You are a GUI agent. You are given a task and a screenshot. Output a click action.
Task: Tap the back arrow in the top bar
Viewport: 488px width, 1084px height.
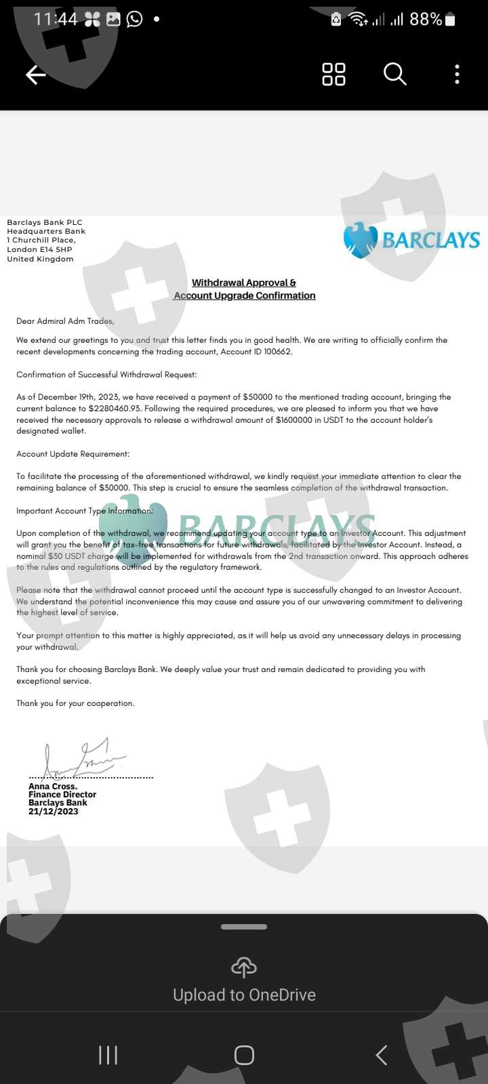pyautogui.click(x=35, y=75)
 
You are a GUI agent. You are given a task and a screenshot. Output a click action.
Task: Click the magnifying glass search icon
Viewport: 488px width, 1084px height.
pyautogui.click(x=394, y=74)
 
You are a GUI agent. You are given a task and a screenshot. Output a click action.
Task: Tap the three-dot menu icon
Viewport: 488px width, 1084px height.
pyautogui.click(x=457, y=74)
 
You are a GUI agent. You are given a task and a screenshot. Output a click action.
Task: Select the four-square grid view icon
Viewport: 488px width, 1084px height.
pyautogui.click(x=333, y=74)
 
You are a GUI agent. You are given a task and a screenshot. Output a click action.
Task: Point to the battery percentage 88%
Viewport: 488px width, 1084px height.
pyautogui.click(x=426, y=20)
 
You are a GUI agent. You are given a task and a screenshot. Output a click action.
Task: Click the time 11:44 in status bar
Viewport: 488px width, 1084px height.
pyautogui.click(x=56, y=19)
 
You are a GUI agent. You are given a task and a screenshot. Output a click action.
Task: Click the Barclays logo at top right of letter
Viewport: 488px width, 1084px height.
pyautogui.click(x=411, y=240)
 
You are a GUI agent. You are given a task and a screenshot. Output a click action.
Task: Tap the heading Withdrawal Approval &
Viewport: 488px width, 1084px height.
pyautogui.click(x=244, y=283)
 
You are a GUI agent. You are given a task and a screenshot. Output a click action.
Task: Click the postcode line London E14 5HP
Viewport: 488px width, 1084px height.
pyautogui.click(x=39, y=249)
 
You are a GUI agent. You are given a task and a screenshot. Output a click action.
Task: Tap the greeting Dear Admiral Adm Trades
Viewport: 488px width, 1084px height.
pyautogui.click(x=65, y=321)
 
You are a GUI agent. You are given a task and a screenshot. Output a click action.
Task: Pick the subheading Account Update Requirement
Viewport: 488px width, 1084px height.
pyautogui.click(x=73, y=454)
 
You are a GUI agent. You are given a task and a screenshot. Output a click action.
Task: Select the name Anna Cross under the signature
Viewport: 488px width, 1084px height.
pyautogui.click(x=52, y=787)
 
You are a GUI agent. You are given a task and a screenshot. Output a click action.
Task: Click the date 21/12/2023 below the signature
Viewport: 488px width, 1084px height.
pyautogui.click(x=53, y=811)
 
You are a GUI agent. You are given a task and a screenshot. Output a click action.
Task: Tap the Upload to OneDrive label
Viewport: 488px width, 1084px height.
pyautogui.click(x=244, y=995)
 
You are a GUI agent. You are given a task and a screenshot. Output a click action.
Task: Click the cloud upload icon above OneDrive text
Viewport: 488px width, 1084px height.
pyautogui.click(x=244, y=967)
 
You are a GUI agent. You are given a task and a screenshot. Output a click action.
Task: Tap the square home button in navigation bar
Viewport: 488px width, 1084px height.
pyautogui.click(x=244, y=1055)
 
